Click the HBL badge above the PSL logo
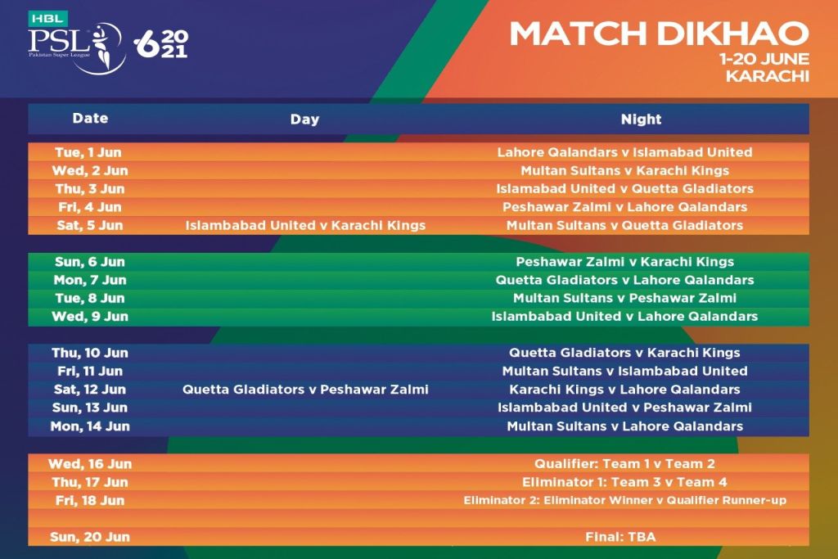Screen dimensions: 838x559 (x=48, y=18)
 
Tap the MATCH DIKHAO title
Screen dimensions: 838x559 (x=659, y=33)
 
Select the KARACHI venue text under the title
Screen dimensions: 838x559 (x=767, y=76)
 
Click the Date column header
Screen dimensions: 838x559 (x=90, y=118)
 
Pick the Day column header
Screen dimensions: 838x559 (x=304, y=119)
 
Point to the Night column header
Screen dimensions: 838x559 (x=641, y=119)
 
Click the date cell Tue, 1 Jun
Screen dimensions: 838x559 (x=88, y=152)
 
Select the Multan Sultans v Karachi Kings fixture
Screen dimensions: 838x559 (x=624, y=170)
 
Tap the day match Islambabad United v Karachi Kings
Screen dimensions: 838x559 (x=305, y=226)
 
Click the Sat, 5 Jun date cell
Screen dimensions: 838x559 (x=90, y=226)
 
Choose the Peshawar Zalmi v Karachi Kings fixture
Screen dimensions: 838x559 (x=624, y=262)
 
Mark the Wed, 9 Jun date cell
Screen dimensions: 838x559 (x=90, y=317)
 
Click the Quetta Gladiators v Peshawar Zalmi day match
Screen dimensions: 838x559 (x=305, y=389)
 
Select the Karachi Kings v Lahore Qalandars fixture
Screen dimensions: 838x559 (x=624, y=389)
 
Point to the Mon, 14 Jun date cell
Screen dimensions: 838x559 (x=90, y=426)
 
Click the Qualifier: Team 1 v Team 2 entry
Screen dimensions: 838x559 (x=624, y=463)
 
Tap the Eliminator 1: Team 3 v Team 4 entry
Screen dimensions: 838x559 (x=624, y=482)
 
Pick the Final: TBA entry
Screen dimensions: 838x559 (x=620, y=537)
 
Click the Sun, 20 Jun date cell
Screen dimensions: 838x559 (x=90, y=537)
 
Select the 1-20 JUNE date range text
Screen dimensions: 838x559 (x=764, y=59)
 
